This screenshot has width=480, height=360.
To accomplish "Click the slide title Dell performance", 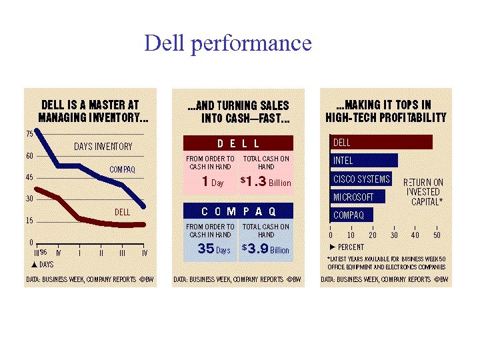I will (x=227, y=43).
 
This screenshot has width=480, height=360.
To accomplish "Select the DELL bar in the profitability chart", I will (x=381, y=143).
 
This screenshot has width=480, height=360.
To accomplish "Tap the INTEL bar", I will (x=364, y=161).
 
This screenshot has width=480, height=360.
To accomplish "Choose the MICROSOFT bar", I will (x=358, y=197).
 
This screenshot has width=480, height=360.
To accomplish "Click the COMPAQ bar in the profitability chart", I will (x=352, y=215).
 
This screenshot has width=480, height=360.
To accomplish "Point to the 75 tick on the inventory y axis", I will (x=29, y=134).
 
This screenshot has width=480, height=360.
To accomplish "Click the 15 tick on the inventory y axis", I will (x=29, y=221).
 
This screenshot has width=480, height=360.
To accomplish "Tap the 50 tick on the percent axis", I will (x=437, y=235).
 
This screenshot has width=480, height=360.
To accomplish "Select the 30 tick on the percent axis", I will (x=394, y=235).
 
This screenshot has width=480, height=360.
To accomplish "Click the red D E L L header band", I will (x=238, y=143).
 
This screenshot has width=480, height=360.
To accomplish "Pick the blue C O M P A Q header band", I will (x=238, y=211).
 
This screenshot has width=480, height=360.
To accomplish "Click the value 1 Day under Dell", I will (x=212, y=182).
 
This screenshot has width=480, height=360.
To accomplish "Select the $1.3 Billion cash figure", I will (x=265, y=182).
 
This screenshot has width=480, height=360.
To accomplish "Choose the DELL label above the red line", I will (x=122, y=212).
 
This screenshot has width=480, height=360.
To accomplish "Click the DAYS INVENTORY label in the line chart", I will (x=103, y=147).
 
